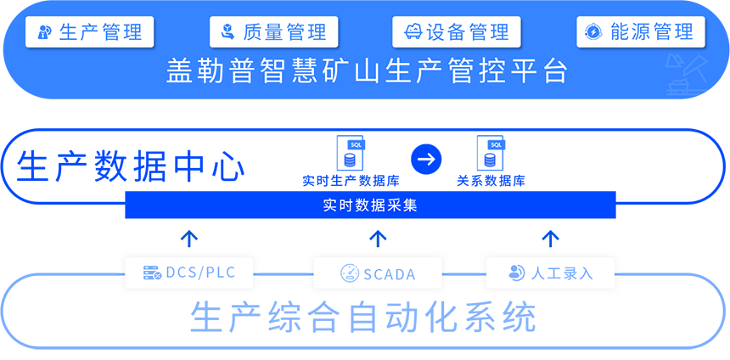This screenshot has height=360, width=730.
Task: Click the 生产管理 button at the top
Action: coord(90,32)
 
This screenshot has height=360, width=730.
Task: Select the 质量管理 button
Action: coord(273,32)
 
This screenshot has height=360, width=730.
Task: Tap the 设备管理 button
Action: coord(457,32)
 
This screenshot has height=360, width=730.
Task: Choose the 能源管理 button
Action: coord(640,32)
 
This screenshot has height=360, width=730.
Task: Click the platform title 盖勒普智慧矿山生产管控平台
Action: coord(366,72)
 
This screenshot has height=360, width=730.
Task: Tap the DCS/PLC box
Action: coord(188,273)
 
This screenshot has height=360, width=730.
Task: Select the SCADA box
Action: coord(378,273)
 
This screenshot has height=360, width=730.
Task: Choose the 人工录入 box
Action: coord(550,273)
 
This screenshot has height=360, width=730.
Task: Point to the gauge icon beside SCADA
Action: coord(349,273)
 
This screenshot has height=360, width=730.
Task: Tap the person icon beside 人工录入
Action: coord(515,273)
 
